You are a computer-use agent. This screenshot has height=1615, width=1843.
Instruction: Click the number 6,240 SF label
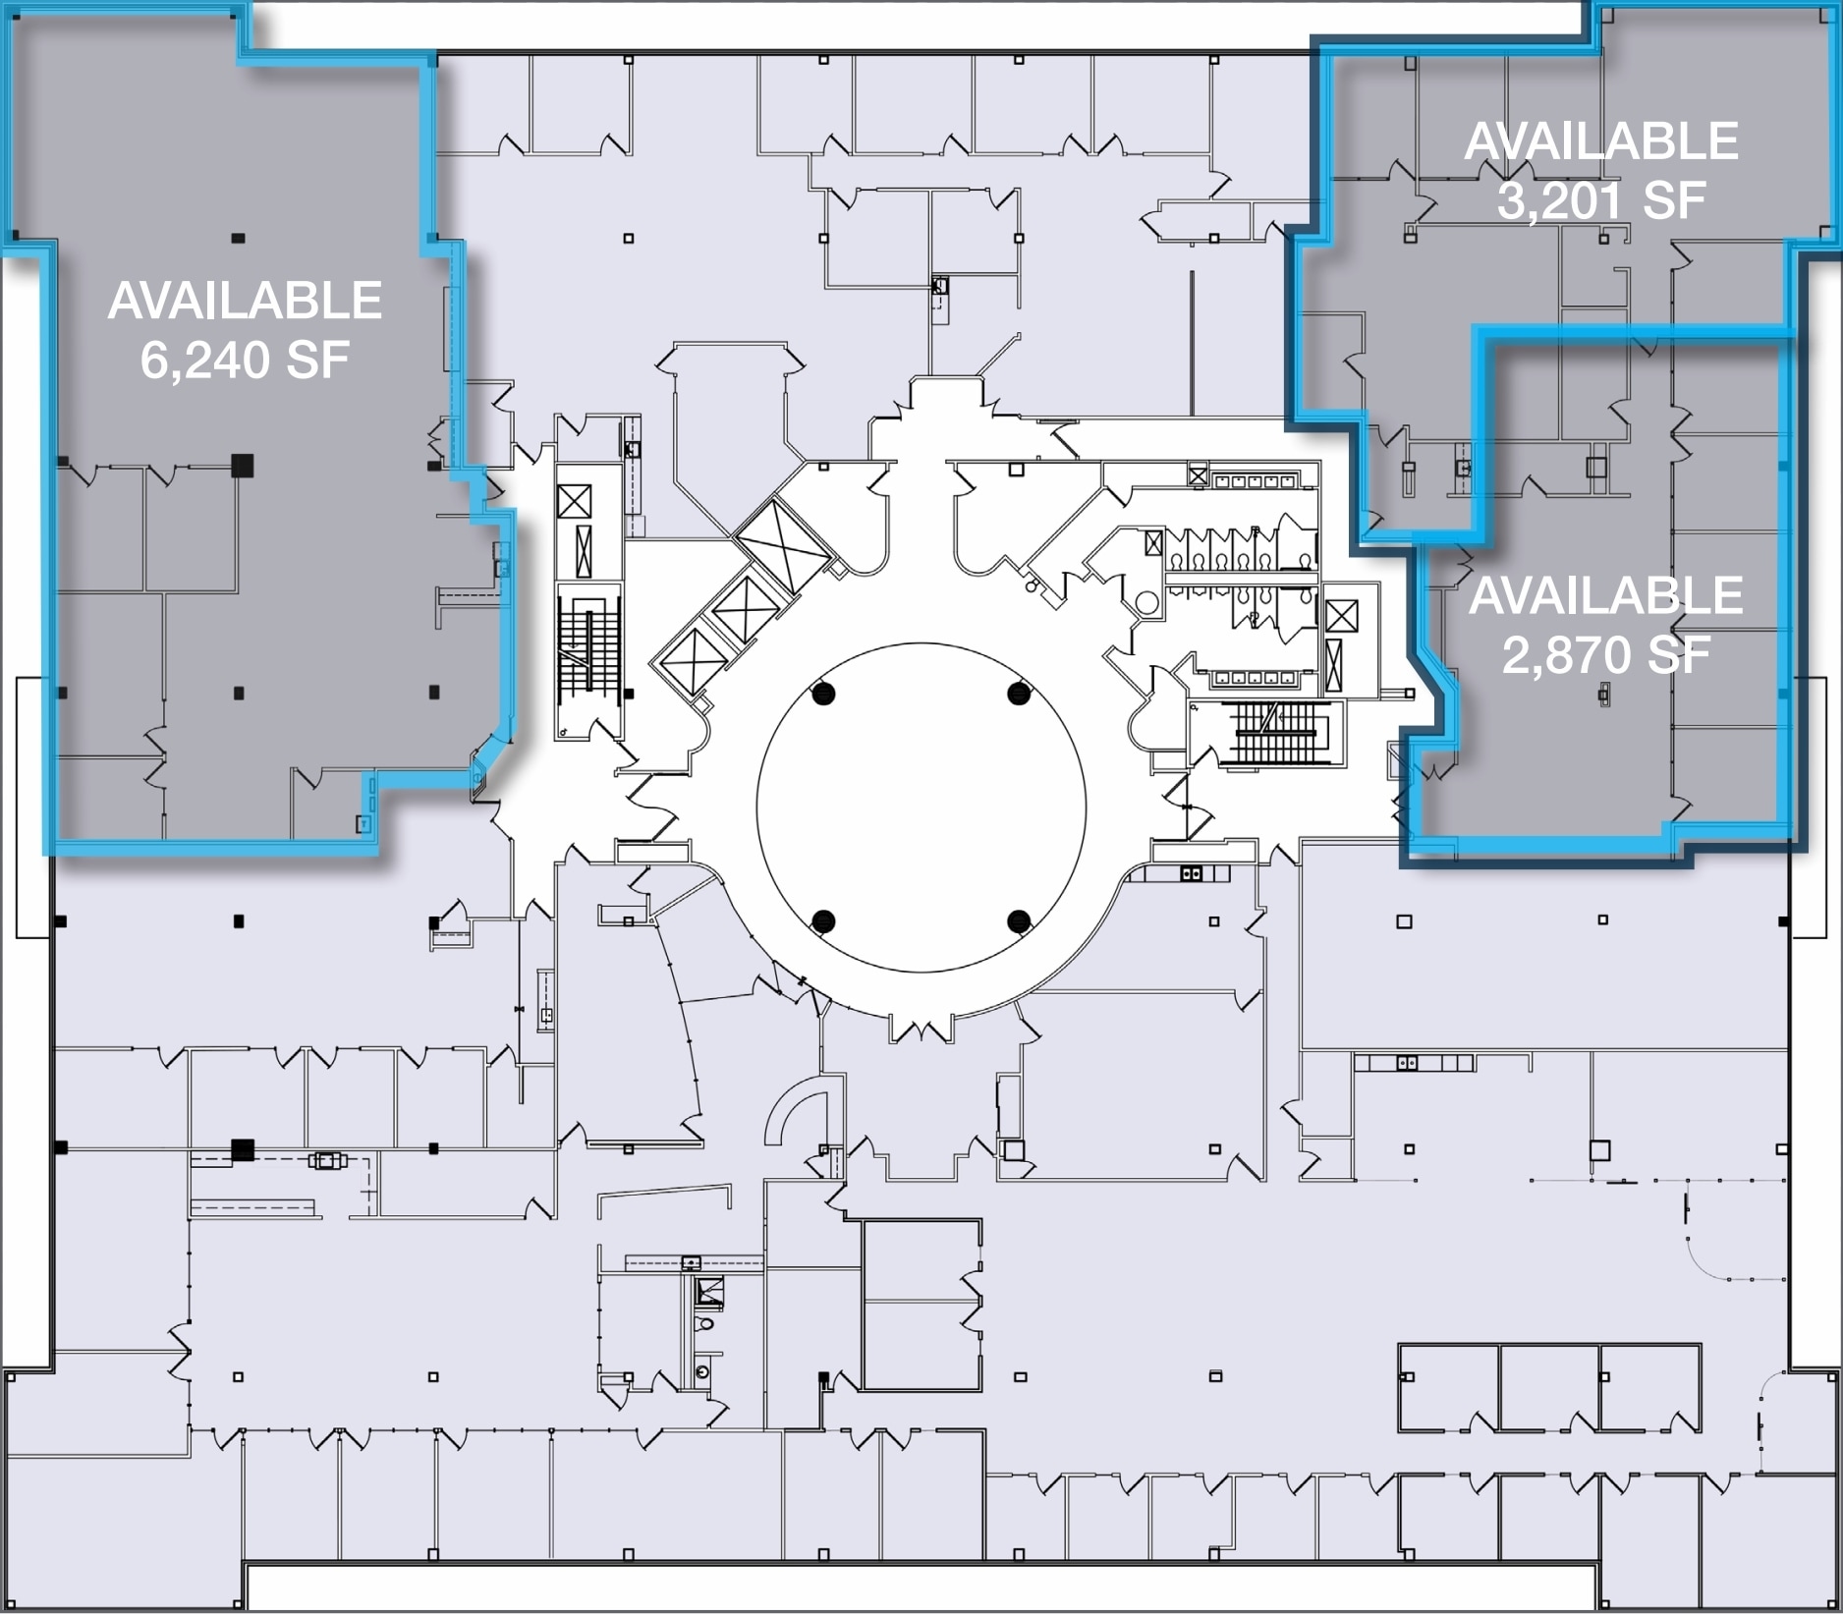245,361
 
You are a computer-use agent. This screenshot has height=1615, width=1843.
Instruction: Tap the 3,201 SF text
1600,200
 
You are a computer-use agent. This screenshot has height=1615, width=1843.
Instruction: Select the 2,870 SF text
1606,654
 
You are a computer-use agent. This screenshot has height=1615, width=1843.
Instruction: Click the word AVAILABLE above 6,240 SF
245,301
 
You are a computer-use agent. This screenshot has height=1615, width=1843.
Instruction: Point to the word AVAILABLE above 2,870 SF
1606,595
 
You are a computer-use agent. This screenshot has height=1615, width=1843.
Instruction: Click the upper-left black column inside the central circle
823,694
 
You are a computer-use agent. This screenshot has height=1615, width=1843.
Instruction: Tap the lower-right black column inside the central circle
1019,920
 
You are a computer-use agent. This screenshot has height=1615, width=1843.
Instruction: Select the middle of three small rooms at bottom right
1549,1387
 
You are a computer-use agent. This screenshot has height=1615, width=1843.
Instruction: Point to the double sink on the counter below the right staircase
1191,872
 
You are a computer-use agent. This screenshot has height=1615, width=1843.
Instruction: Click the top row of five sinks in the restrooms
1254,481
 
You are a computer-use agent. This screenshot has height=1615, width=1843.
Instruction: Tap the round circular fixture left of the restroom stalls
1145,602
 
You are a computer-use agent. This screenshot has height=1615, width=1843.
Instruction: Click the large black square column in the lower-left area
242,1148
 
